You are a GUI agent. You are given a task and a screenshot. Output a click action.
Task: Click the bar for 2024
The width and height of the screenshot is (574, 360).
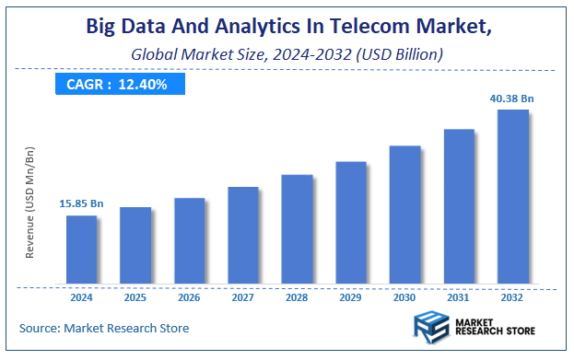tap(81, 249)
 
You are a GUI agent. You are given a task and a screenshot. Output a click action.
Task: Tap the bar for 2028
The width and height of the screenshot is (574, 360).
tap(297, 228)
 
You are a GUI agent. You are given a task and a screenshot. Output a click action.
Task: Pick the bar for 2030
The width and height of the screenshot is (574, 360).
tap(404, 214)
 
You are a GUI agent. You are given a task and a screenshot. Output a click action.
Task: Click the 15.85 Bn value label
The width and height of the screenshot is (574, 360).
tap(81, 203)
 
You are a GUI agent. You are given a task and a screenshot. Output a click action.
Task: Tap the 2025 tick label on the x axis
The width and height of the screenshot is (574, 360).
tap(135, 297)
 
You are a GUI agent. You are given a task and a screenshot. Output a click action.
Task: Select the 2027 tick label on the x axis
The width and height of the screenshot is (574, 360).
tap(243, 297)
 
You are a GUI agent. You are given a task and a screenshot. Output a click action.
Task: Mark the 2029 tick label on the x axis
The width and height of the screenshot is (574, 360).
tap(351, 297)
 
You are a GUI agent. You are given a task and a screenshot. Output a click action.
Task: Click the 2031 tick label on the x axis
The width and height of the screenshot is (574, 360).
tap(459, 297)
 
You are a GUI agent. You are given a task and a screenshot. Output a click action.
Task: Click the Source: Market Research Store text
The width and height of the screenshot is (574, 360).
tap(104, 328)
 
